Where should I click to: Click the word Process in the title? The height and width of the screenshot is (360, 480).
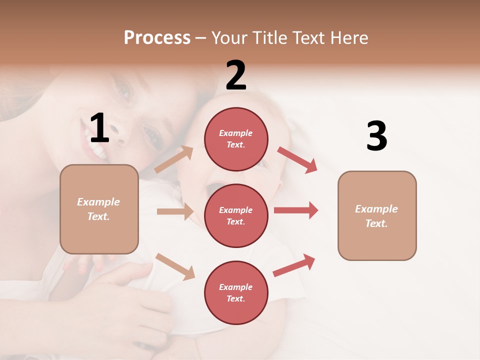point(157,37)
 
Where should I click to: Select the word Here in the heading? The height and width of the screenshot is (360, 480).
point(348,37)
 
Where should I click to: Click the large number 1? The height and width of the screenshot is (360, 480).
point(99,128)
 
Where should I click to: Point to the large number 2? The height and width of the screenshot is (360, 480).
point(236,75)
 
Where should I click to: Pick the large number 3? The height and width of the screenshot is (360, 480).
point(376,136)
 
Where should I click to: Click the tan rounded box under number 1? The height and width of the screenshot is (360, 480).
point(99,209)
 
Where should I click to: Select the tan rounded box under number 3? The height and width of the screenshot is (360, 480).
point(377,215)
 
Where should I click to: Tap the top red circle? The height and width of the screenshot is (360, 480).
point(236,138)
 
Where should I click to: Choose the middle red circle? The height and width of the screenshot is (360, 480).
point(236,215)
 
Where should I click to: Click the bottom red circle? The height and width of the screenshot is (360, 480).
point(236,292)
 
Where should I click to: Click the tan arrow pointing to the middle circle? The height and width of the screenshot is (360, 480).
point(175,211)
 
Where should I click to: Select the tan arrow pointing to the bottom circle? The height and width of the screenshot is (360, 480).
point(175,266)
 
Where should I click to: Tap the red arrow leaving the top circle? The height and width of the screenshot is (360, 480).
point(297,159)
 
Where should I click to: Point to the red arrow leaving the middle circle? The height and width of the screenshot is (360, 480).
point(296,210)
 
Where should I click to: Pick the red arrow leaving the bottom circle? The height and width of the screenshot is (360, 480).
point(294,265)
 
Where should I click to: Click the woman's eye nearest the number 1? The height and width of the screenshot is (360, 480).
point(150,133)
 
